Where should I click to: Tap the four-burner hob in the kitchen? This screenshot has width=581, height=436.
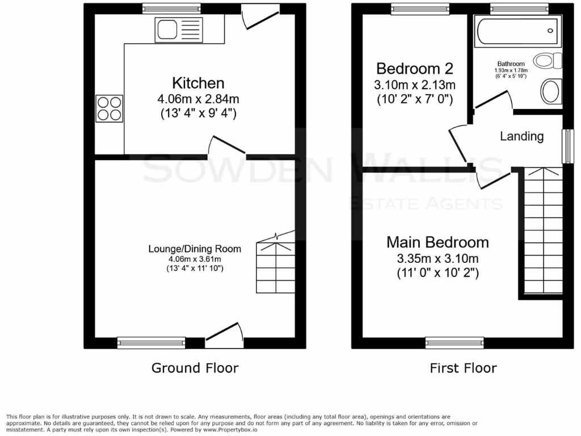(110, 108)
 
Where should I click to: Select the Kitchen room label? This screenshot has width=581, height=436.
(191, 83)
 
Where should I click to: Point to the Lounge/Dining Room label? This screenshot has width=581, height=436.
(195, 249)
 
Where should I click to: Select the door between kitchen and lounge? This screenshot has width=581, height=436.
(226, 146)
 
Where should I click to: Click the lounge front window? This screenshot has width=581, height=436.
(151, 342)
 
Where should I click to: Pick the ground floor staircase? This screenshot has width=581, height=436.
(276, 267)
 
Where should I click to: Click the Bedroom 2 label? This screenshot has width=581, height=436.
(415, 69)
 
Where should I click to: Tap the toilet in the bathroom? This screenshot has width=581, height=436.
(550, 61)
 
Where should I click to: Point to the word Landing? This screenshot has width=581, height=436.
(521, 136)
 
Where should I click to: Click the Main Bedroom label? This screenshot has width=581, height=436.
(437, 242)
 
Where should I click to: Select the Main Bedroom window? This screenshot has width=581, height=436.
(454, 342)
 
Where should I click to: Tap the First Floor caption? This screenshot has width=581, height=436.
(463, 368)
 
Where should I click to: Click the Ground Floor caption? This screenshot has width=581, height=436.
(195, 368)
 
